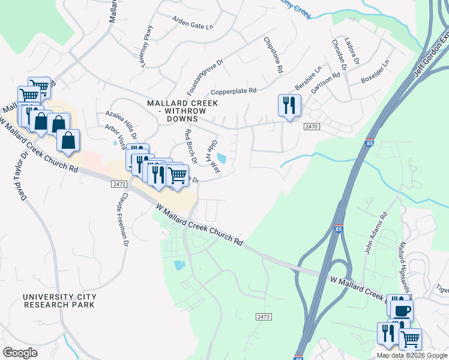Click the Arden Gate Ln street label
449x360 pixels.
[193, 26]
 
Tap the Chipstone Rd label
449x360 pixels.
[273, 55]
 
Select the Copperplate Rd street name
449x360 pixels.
[234, 91]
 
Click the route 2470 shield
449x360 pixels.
[311, 127]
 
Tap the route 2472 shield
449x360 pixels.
[119, 184]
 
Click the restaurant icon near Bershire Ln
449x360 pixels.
[289, 106]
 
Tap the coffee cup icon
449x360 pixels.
[402, 310]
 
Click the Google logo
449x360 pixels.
[20, 352]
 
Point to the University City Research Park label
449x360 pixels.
[59, 301]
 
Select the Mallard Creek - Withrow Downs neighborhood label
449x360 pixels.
[182, 111]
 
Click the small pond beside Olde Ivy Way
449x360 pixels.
[221, 158]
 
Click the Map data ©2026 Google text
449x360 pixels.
[412, 355]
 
